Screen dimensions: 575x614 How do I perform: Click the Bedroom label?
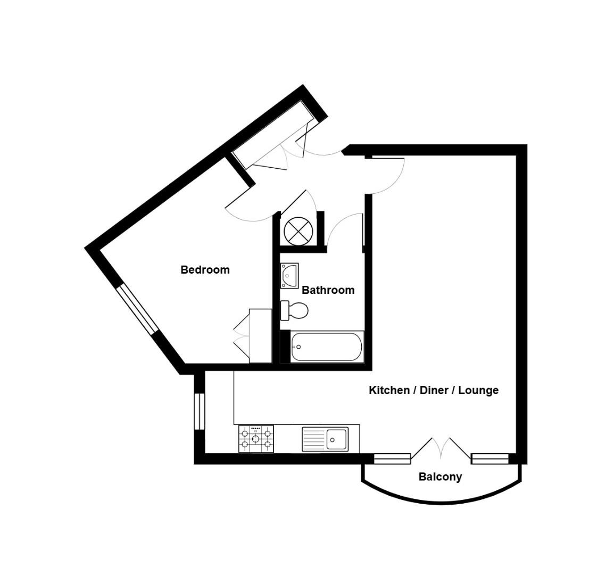pyautogui.click(x=205, y=269)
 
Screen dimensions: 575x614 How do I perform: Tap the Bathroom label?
pyautogui.click(x=328, y=290)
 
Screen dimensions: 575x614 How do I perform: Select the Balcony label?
pyautogui.click(x=440, y=477)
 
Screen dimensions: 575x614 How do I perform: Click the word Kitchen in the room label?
pyautogui.click(x=389, y=390)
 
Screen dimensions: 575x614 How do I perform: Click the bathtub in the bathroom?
pyautogui.click(x=326, y=347)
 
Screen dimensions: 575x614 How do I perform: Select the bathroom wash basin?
pyautogui.click(x=289, y=276)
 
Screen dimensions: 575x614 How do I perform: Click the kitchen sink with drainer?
pyautogui.click(x=325, y=439)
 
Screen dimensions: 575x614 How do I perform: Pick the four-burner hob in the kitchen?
pyautogui.click(x=256, y=439)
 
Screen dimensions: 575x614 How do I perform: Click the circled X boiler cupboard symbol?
pyautogui.click(x=297, y=231)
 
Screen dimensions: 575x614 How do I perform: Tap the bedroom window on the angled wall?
pyautogui.click(x=137, y=309)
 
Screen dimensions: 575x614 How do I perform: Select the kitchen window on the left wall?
pyautogui.click(x=199, y=411)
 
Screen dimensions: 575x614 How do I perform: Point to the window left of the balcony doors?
pyautogui.click(x=392, y=458)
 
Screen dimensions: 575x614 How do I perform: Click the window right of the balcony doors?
pyautogui.click(x=490, y=458)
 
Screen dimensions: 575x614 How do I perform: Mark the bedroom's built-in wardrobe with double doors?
pyautogui.click(x=260, y=336)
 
